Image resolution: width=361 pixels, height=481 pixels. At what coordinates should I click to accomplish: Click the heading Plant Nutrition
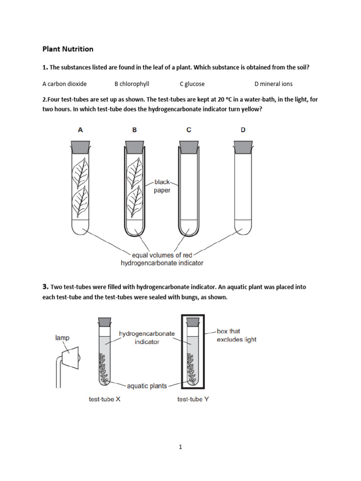point(68,49)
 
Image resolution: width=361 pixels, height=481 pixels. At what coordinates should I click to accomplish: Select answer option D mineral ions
point(273,84)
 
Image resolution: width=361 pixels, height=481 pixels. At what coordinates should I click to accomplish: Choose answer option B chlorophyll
point(132,84)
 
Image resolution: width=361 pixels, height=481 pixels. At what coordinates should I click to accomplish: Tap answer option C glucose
point(192,84)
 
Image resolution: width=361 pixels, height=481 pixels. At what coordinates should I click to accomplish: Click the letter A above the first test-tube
point(80,130)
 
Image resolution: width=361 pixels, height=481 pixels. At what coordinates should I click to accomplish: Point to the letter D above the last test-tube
point(243,130)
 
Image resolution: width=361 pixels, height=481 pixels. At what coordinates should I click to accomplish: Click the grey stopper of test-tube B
point(134,146)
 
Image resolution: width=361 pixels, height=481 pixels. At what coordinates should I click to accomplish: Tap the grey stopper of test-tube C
point(188,146)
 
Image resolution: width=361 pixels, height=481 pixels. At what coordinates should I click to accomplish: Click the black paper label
point(162,186)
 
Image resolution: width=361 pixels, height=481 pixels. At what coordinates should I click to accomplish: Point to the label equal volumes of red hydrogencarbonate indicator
point(162,259)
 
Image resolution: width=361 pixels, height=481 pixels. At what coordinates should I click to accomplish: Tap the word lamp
point(62,338)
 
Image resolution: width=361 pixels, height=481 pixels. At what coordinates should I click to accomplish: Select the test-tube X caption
point(105,399)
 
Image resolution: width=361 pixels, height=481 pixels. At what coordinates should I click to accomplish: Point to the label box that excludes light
point(236,335)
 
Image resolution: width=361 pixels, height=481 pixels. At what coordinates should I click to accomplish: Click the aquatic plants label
point(147,386)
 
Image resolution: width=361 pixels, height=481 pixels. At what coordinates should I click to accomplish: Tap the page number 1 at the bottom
point(180,447)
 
